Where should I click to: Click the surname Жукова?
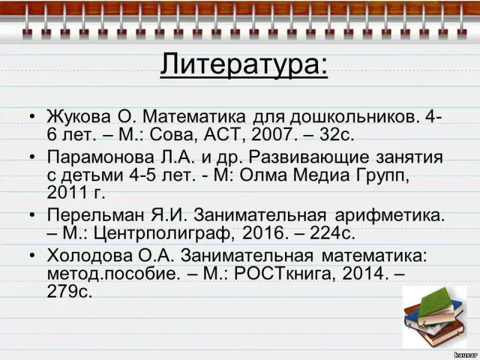(x=79, y=116)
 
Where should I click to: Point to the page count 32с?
(x=337, y=134)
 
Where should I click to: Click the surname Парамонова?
(x=101, y=157)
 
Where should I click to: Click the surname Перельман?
(x=95, y=215)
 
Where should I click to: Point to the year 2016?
(x=262, y=233)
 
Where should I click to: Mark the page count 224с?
(x=332, y=233)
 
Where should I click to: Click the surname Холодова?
(x=90, y=256)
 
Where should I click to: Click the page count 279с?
(x=69, y=291)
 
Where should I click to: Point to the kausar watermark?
(x=466, y=355)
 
